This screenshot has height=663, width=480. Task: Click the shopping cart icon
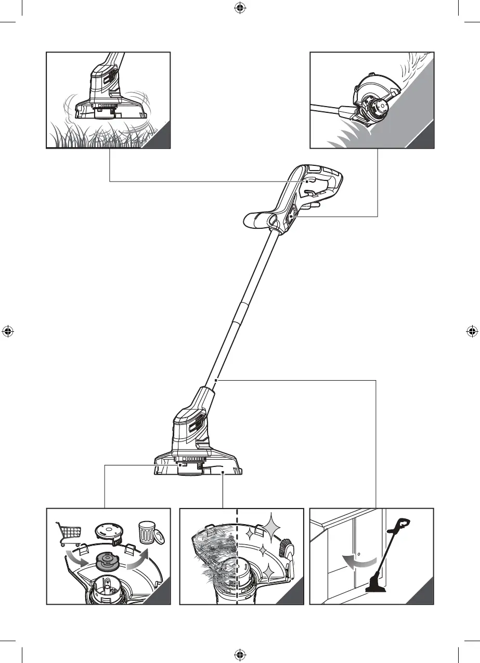69,534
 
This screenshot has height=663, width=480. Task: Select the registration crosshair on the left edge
8,331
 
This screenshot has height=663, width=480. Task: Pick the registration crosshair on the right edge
472,331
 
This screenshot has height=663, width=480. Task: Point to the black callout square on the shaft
215,381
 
